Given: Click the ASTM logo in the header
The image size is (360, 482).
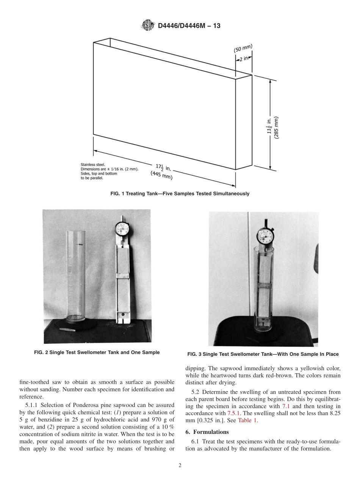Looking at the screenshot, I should [148, 26].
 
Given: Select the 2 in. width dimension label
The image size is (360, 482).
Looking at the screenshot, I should [244, 58].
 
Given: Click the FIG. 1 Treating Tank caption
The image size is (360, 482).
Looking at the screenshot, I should [180, 194].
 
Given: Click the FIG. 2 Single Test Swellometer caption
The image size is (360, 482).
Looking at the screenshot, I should [97, 352].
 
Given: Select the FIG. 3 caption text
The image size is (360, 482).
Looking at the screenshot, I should [263, 354].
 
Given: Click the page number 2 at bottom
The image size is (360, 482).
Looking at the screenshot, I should [180, 466].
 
